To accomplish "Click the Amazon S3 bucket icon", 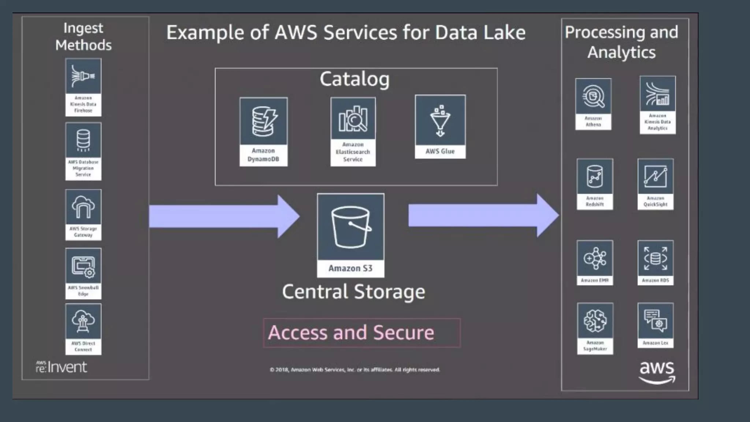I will pyautogui.click(x=350, y=227).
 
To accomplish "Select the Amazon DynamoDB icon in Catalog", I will pyautogui.click(x=263, y=121).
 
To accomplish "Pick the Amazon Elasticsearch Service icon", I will pyautogui.click(x=353, y=118).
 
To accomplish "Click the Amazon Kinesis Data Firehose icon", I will pyautogui.click(x=83, y=76).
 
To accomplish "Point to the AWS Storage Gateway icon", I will pyautogui.click(x=83, y=207).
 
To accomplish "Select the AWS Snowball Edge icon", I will pyautogui.click(x=83, y=266).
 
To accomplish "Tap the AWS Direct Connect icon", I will pyautogui.click(x=83, y=321).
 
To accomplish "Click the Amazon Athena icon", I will pyautogui.click(x=593, y=96).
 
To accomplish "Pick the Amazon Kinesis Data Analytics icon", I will pyautogui.click(x=657, y=94).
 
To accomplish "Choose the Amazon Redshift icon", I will pyautogui.click(x=594, y=177).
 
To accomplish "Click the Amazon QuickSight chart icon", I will pyautogui.click(x=655, y=177).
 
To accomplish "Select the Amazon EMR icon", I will pyautogui.click(x=594, y=258).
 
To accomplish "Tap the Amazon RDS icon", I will pyautogui.click(x=655, y=258).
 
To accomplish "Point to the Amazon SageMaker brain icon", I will pyautogui.click(x=595, y=321).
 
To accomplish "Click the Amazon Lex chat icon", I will pyautogui.click(x=655, y=321).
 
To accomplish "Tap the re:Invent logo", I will pyautogui.click(x=62, y=367).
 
